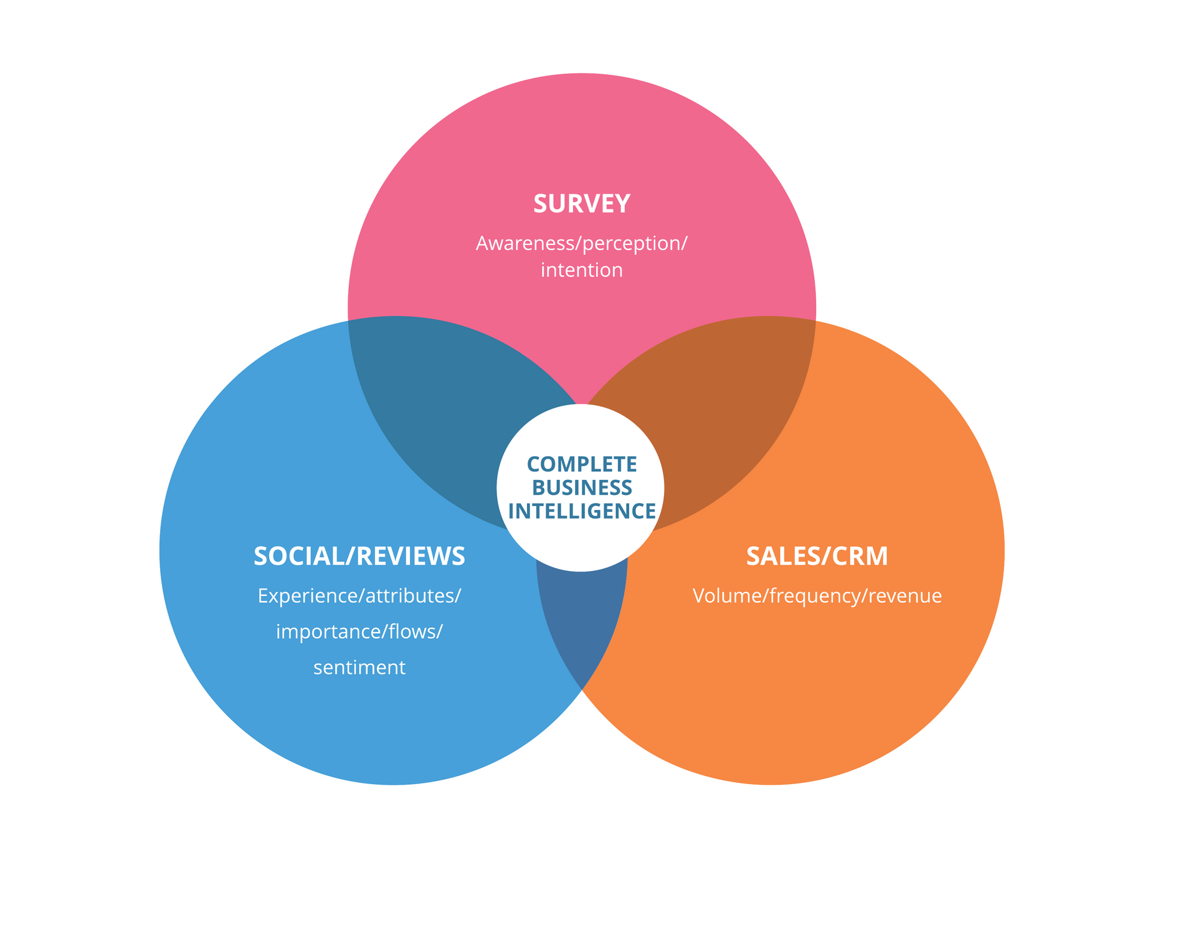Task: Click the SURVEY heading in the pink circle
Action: click(x=582, y=204)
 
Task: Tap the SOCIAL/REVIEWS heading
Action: click(x=359, y=556)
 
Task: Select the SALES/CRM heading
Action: click(x=817, y=556)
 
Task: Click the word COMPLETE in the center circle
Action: click(x=582, y=464)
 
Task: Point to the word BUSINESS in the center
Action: click(x=582, y=487)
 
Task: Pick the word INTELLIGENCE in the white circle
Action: click(x=582, y=511)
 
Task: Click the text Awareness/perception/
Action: click(x=581, y=243)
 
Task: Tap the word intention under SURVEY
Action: click(x=581, y=270)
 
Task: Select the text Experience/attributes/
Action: click(x=359, y=596)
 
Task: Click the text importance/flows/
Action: click(x=359, y=631)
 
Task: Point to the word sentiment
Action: click(x=359, y=668)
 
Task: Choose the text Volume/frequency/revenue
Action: click(x=817, y=596)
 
